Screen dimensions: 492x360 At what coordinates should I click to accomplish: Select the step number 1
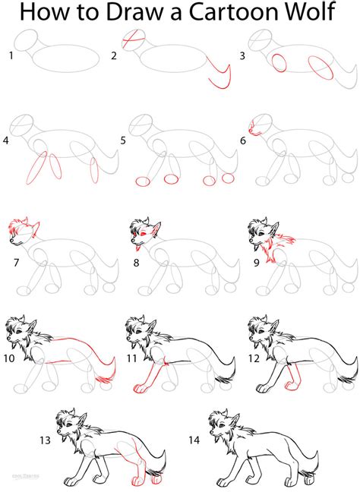point(10,55)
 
